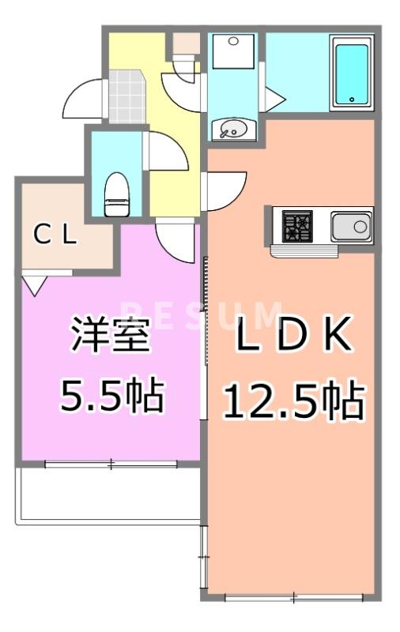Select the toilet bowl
click(x=116, y=194)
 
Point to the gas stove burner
click(x=298, y=227)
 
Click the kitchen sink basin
click(x=351, y=227)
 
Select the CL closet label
click(x=55, y=235)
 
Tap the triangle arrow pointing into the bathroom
click(x=274, y=98)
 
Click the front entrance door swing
click(x=81, y=98)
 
